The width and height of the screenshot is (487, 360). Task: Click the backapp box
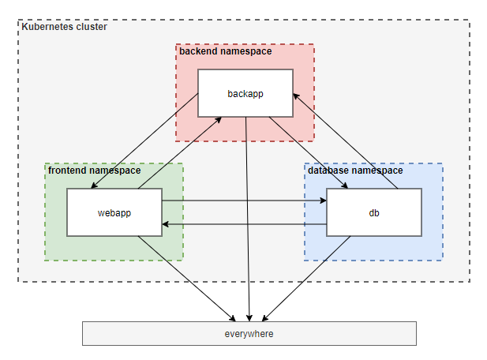tap(245, 93)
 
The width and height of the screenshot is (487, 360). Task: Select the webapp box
tap(114, 212)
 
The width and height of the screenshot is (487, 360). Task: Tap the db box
tap(374, 212)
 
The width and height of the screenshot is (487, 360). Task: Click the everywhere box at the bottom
tap(249, 334)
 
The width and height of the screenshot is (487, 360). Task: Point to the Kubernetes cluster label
tap(64, 27)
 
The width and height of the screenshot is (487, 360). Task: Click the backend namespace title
tap(226, 51)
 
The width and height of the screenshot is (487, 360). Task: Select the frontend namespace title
tap(95, 171)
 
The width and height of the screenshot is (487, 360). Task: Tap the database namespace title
tap(355, 171)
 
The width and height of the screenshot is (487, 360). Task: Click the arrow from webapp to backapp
tap(180, 152)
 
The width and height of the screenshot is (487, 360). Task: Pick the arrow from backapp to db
tap(308, 153)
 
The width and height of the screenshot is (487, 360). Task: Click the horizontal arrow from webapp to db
tap(245, 201)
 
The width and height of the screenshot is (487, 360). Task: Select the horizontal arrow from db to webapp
tap(245, 224)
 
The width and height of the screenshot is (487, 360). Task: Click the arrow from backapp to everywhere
tap(249, 221)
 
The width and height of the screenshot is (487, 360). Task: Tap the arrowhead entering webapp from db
tap(167, 224)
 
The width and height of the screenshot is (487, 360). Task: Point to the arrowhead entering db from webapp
tap(323, 201)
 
